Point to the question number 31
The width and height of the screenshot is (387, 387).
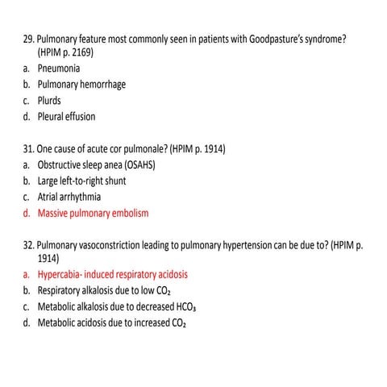(28, 150)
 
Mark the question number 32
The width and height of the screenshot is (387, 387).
(28, 245)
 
